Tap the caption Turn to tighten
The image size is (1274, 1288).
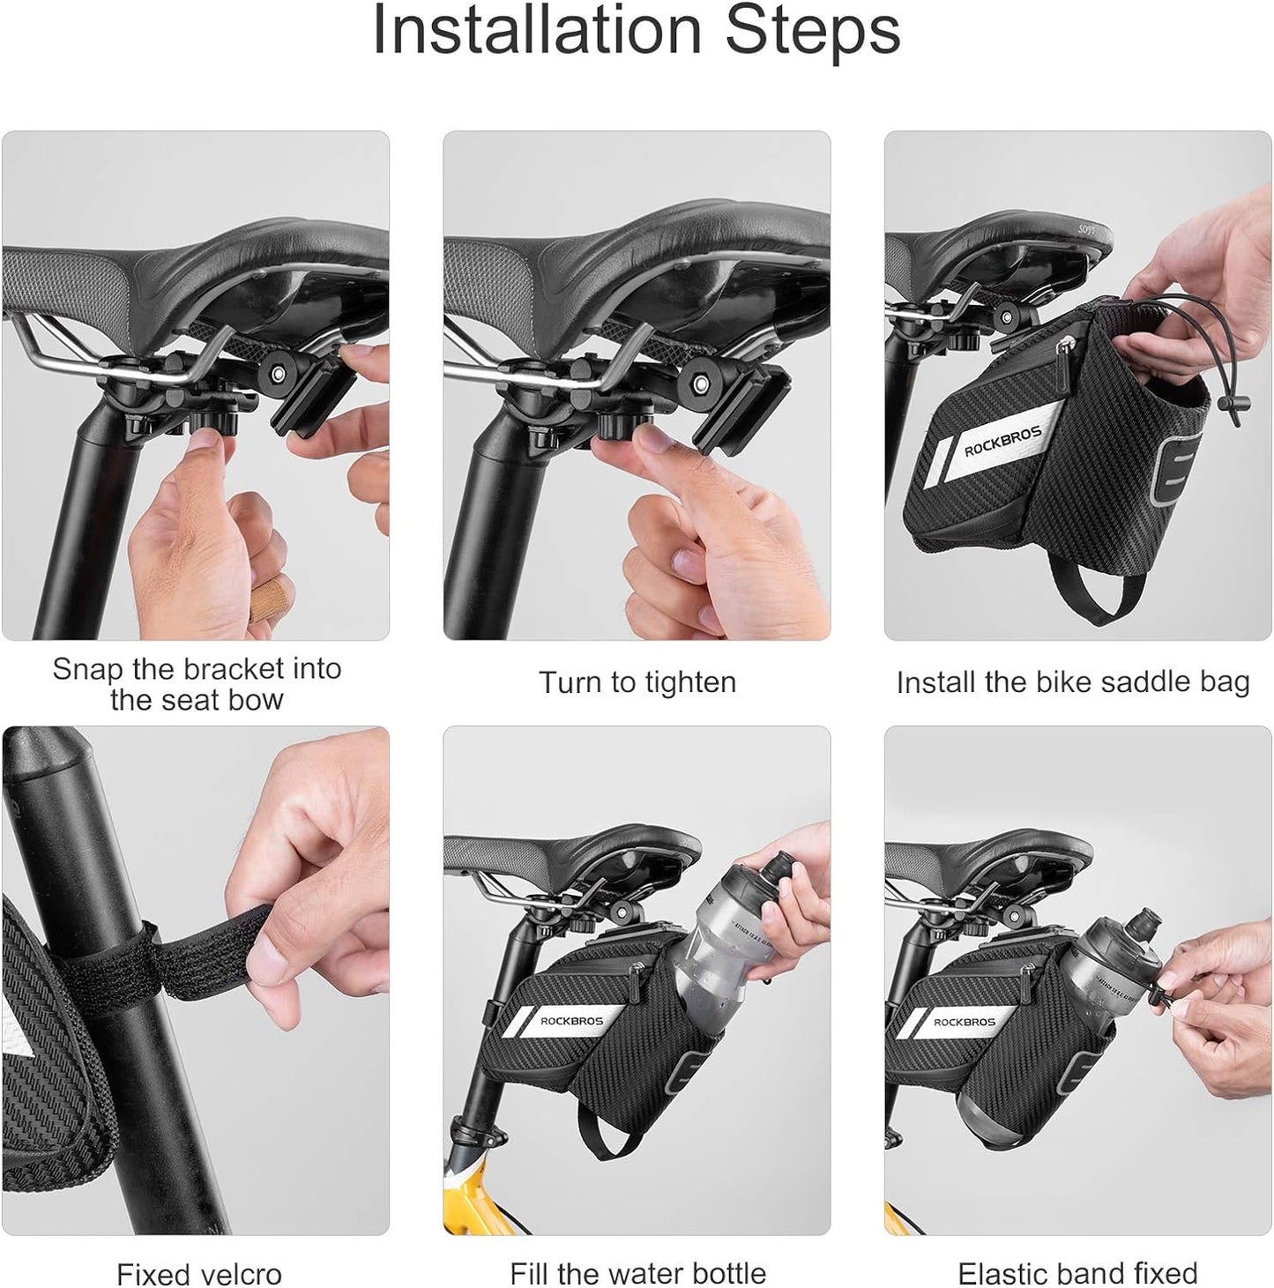[x=637, y=683]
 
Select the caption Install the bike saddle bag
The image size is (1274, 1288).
[x=1072, y=682]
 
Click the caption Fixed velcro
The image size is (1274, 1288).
[x=198, y=1273]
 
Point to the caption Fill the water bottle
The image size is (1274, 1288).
[x=637, y=1273]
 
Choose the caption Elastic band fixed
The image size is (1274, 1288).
[x=1077, y=1273]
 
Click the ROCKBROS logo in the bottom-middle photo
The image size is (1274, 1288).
[x=571, y=1022]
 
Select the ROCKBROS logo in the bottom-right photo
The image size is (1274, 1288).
[x=964, y=1023]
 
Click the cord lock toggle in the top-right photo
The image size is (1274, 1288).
[x=1226, y=406]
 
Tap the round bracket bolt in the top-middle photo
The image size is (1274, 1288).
[x=702, y=384]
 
